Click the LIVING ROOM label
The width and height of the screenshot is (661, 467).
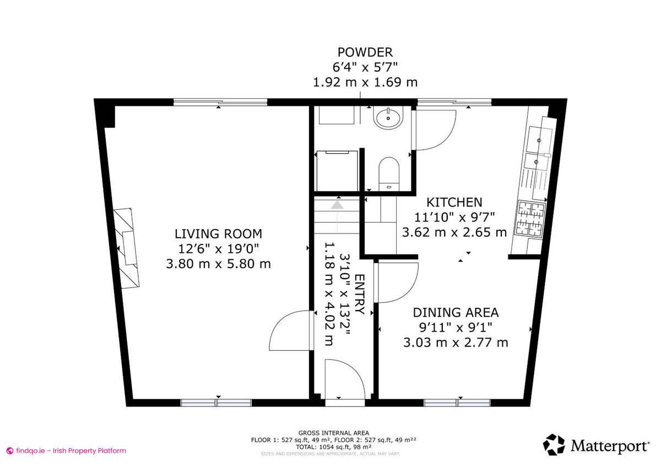[x=218, y=233]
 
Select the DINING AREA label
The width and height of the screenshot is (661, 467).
[x=456, y=313]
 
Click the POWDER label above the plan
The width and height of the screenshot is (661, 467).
[x=365, y=52]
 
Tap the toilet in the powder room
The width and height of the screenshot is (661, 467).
[x=390, y=171]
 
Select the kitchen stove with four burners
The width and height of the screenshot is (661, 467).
[x=529, y=219]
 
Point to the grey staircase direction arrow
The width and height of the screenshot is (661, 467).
[x=337, y=205]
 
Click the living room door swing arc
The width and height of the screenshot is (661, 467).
[x=290, y=330]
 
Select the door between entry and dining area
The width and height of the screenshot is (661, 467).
[x=397, y=281]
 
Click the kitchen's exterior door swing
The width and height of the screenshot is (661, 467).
[x=435, y=130]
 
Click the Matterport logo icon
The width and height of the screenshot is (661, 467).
[x=554, y=444]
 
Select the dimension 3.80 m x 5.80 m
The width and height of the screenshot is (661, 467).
[x=218, y=264]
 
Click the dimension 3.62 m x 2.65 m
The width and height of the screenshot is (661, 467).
[x=454, y=232]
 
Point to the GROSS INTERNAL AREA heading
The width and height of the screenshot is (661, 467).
[x=334, y=433]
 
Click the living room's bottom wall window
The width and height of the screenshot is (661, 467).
[x=216, y=403]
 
